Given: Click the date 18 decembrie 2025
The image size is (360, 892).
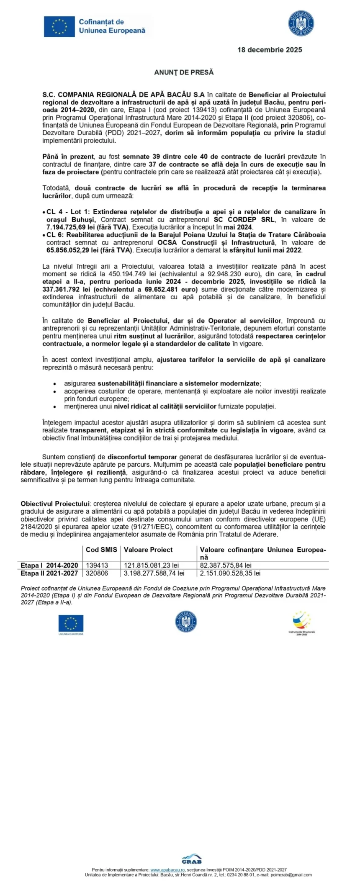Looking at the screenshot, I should click(270, 50).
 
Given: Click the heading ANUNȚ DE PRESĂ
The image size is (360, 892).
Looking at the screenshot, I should click(184, 72).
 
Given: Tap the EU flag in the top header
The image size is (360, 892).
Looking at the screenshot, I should click(59, 26).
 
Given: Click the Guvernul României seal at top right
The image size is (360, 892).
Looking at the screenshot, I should click(301, 24).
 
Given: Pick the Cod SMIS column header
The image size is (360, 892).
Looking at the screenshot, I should click(101, 550).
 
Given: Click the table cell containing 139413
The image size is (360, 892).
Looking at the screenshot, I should click(97, 565).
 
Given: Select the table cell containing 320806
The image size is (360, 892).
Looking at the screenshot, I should click(97, 573).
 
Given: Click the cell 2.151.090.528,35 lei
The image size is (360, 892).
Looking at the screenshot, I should click(230, 573).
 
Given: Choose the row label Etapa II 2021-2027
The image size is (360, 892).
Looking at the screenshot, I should click(49, 573).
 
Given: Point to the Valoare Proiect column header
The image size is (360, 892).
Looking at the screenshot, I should click(148, 550).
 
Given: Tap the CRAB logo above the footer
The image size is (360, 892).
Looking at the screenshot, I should click(191, 859).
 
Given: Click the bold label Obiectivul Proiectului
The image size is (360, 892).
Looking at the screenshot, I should click(55, 504).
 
